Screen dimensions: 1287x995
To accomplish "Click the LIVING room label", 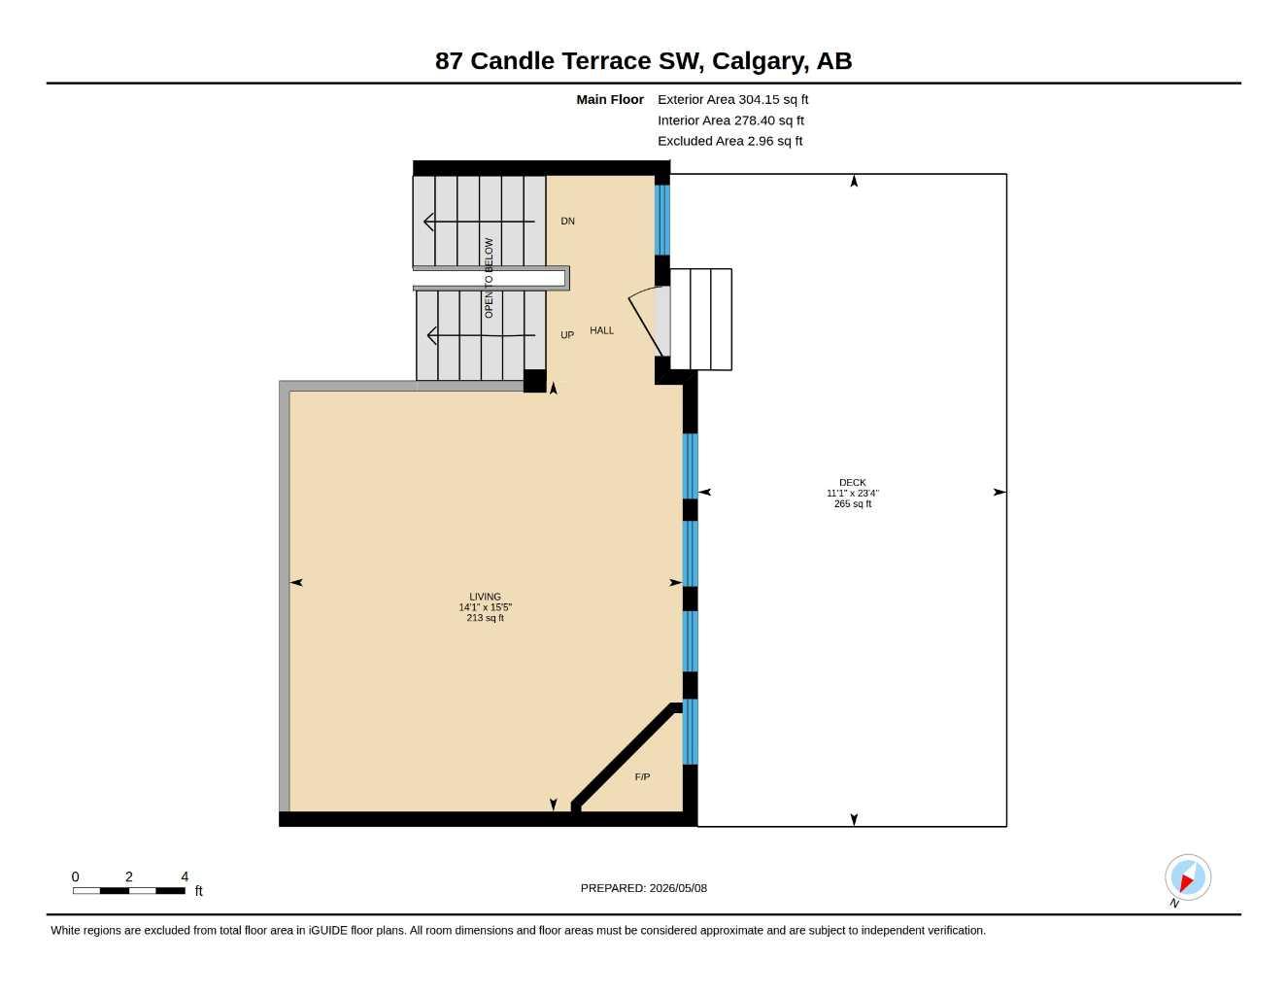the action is [485, 597].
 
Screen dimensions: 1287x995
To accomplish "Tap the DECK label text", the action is [852, 483].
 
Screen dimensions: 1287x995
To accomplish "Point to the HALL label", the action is [602, 330].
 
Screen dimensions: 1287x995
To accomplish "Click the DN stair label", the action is [567, 221].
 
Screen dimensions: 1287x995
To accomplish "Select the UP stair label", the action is [567, 335].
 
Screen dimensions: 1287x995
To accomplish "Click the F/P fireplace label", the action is [642, 777].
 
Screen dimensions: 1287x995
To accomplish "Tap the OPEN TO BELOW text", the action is [489, 278].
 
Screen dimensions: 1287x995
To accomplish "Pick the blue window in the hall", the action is [661, 220].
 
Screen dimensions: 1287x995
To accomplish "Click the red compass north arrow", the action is [1186, 882].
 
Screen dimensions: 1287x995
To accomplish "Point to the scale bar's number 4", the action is [185, 875].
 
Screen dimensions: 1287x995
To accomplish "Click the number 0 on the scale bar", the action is [75, 875].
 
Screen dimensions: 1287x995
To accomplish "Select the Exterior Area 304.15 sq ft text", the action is [732, 99].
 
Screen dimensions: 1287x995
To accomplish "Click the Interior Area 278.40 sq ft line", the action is [730, 120].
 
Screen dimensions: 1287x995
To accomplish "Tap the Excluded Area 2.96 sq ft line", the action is [729, 141].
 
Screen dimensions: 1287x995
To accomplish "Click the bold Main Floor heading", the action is [610, 99].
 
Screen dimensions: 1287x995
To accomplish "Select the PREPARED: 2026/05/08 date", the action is [644, 888].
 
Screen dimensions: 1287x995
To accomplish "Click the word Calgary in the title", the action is [760, 61].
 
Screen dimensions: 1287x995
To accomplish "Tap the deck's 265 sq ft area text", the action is [852, 504].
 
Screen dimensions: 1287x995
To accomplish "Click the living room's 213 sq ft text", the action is [485, 618].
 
